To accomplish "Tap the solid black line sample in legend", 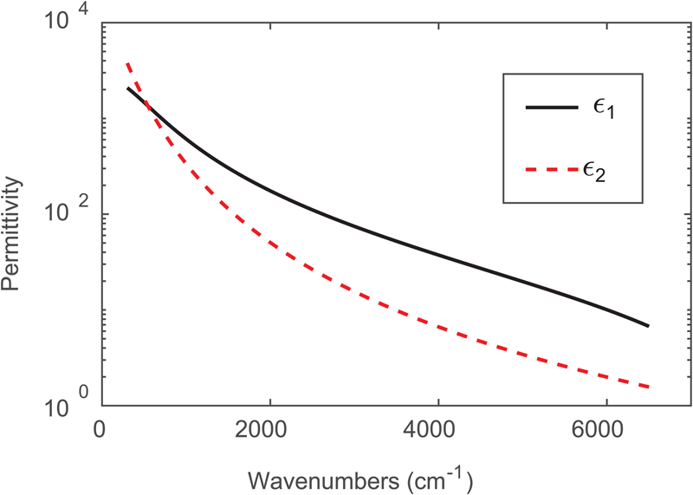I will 551,107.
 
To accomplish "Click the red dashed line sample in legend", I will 551,170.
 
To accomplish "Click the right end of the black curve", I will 648,326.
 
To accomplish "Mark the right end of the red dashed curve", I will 648,388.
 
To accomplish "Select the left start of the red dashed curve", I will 128,63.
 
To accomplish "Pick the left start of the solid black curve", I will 128,88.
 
